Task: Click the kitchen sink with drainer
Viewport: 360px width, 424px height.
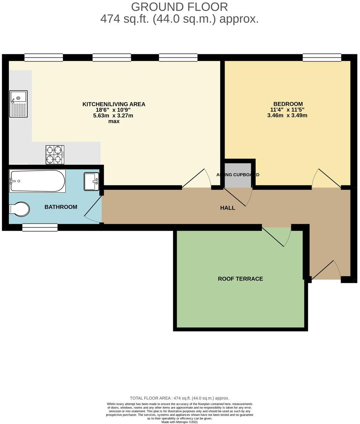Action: point(19,104)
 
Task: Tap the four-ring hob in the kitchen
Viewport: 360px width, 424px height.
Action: point(55,154)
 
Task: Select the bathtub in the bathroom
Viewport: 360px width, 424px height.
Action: point(37,181)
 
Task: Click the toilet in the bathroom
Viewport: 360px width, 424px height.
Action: point(19,209)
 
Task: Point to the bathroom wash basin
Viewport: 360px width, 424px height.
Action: point(91,181)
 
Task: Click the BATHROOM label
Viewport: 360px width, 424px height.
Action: point(61,207)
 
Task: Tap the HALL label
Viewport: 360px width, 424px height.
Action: point(227,208)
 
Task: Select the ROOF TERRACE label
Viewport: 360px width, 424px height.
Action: point(240,279)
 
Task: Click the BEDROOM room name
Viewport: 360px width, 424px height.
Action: point(288,104)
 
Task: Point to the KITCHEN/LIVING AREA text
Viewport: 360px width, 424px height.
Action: point(114,104)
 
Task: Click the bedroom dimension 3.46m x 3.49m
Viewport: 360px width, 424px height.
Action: point(287,116)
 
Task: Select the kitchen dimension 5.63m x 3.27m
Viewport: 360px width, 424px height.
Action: point(114,116)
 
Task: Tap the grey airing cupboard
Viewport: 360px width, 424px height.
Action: point(238,175)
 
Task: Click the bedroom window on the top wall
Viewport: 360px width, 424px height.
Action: point(322,58)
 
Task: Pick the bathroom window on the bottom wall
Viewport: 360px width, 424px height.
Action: point(40,227)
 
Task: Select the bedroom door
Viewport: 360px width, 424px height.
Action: point(326,178)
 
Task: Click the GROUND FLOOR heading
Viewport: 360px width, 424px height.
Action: point(179,7)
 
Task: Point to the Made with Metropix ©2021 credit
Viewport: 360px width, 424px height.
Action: point(179,422)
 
